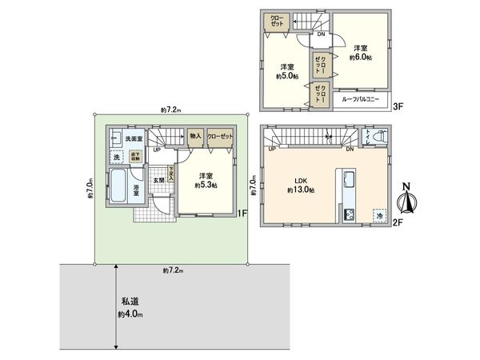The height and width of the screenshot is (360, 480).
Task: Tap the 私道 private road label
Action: tap(130, 302)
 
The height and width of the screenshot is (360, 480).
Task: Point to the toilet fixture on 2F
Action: tap(380, 138)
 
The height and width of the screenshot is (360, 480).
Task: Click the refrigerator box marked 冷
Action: tap(378, 217)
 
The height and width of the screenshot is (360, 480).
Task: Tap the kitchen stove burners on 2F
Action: tap(350, 214)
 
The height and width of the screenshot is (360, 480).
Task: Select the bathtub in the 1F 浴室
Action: tap(117, 192)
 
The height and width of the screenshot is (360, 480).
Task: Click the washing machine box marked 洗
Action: tap(117, 158)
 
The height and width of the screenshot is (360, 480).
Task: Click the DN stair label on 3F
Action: tap(321, 34)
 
